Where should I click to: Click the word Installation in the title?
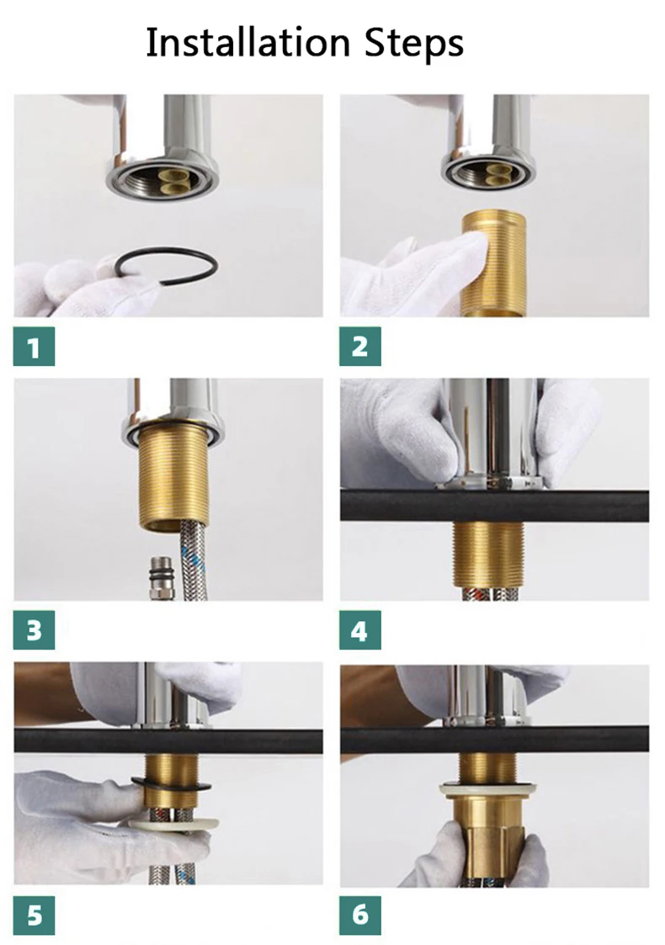(x=247, y=43)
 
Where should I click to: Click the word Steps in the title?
(x=414, y=44)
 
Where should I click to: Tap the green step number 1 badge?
(x=34, y=347)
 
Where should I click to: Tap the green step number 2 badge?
(x=360, y=347)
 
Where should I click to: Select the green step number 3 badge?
(x=34, y=629)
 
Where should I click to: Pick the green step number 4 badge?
(x=360, y=629)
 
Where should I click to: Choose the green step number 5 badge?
(x=34, y=916)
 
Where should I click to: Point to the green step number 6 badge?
(x=360, y=916)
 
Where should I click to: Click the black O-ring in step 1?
(x=166, y=249)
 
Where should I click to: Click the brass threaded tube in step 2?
(x=493, y=263)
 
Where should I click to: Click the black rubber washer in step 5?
(x=171, y=784)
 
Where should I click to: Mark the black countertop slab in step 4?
(x=494, y=505)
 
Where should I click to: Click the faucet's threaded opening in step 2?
(x=488, y=171)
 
